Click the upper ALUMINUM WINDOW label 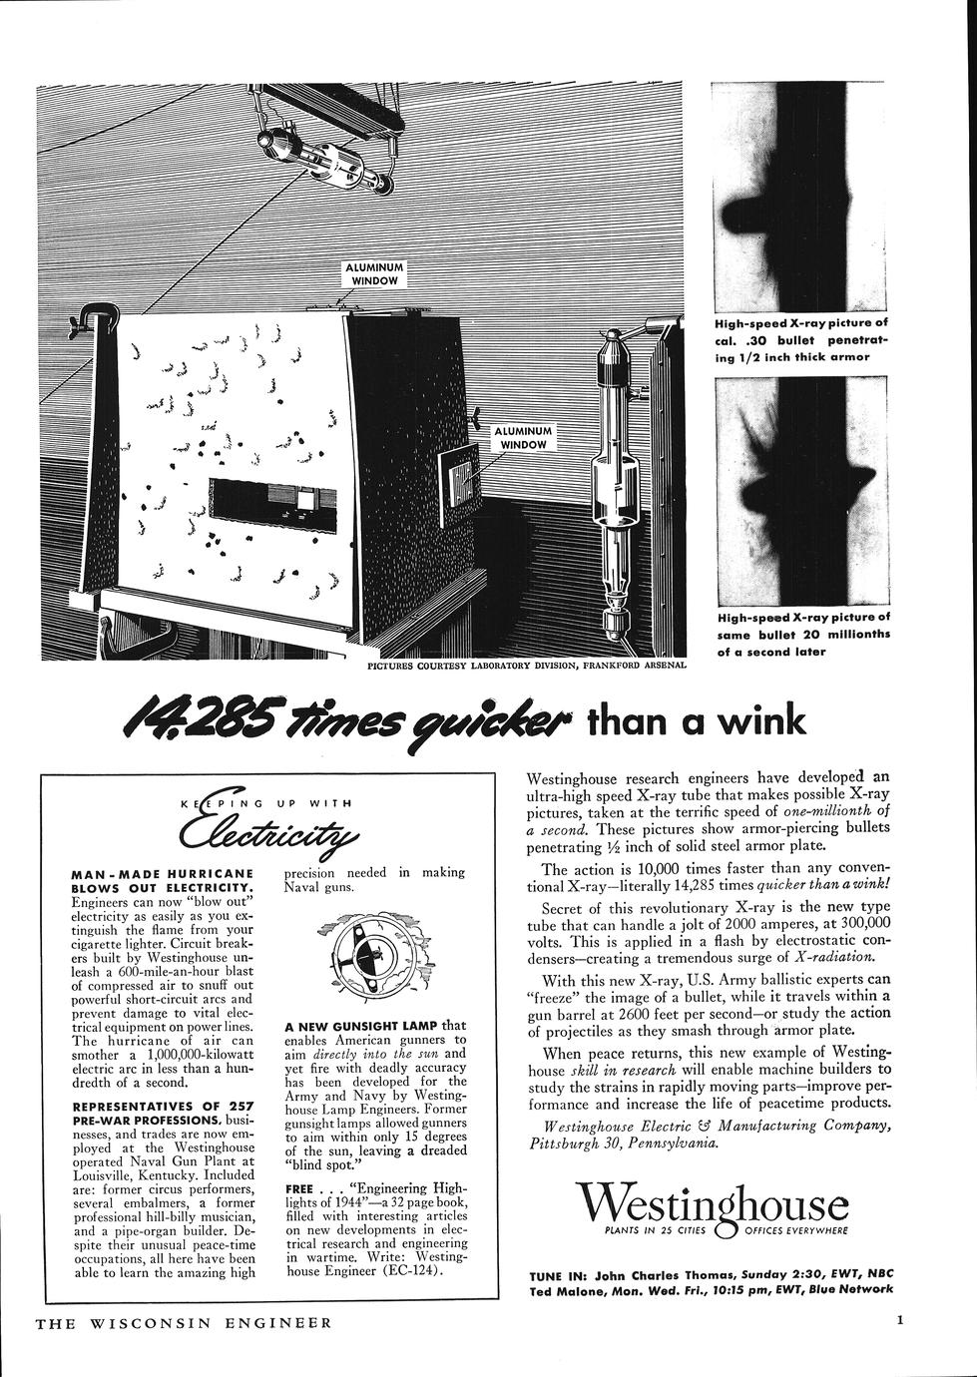click(x=374, y=274)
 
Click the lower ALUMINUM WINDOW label click(x=523, y=438)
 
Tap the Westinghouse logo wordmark click(x=717, y=1203)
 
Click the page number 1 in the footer click(x=900, y=1322)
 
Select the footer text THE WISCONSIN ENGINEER click(x=183, y=1324)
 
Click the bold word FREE click(x=300, y=1189)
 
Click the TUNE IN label click(x=555, y=1274)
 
